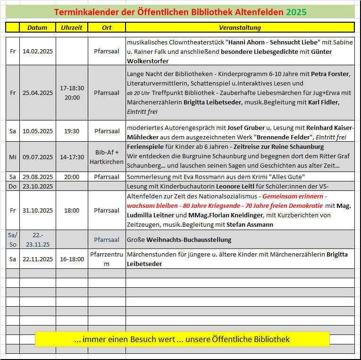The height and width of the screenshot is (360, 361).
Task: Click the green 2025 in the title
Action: click(x=296, y=12)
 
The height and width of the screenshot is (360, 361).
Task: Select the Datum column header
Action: click(x=37, y=27)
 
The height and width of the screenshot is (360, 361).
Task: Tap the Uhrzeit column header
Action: click(x=72, y=27)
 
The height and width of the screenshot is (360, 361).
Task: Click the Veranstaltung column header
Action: click(x=240, y=27)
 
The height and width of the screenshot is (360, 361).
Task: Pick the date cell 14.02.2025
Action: click(x=38, y=51)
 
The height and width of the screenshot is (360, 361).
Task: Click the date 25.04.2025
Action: click(x=38, y=93)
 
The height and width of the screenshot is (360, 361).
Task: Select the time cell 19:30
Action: click(x=72, y=131)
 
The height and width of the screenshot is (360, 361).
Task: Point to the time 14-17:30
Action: click(x=72, y=157)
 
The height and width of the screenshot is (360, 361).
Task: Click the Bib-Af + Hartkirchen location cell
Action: click(x=107, y=157)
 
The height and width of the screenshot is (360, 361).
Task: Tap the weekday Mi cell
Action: click(x=13, y=157)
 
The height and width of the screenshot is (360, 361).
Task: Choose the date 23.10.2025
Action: click(x=38, y=186)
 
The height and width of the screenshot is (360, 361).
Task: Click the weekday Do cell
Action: click(x=13, y=186)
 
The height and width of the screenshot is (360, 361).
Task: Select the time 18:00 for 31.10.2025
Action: click(x=72, y=210)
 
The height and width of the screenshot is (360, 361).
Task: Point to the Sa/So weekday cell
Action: click(x=13, y=239)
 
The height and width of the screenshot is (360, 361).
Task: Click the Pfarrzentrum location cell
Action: click(x=107, y=259)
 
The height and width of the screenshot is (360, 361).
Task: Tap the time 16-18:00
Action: click(x=72, y=259)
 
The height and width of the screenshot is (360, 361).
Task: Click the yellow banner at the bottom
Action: click(x=182, y=339)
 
